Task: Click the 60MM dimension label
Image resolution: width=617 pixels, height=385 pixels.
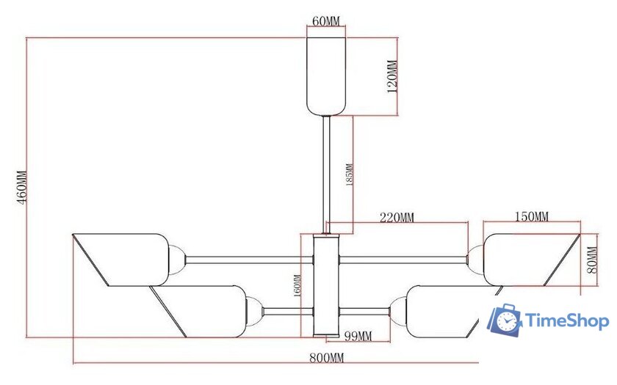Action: (x=325, y=21)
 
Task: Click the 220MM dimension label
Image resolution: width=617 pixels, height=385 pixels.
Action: (x=397, y=217)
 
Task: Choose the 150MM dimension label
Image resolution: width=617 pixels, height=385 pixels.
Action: (x=531, y=216)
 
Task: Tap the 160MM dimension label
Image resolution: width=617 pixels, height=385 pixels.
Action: (x=297, y=286)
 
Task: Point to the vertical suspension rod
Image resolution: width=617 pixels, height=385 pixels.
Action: (x=325, y=172)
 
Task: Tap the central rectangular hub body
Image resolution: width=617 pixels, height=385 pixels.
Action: (x=325, y=286)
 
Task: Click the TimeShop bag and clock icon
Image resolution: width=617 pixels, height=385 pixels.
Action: (x=505, y=321)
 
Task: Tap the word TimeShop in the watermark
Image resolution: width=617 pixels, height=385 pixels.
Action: (x=566, y=321)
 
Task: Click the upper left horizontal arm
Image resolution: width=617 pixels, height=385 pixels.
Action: (x=250, y=258)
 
